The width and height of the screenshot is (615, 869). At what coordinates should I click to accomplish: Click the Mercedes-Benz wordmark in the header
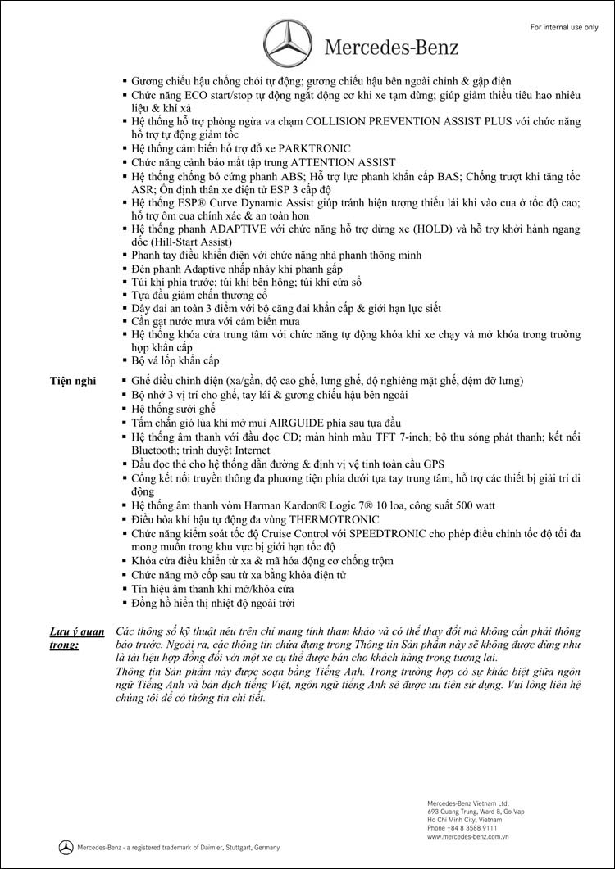click(x=392, y=48)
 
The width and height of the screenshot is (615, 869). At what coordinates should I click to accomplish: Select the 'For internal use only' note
click(x=564, y=28)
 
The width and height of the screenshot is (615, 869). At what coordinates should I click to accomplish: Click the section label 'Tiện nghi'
click(x=72, y=382)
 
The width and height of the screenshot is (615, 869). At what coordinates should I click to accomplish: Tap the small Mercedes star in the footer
click(x=65, y=846)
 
